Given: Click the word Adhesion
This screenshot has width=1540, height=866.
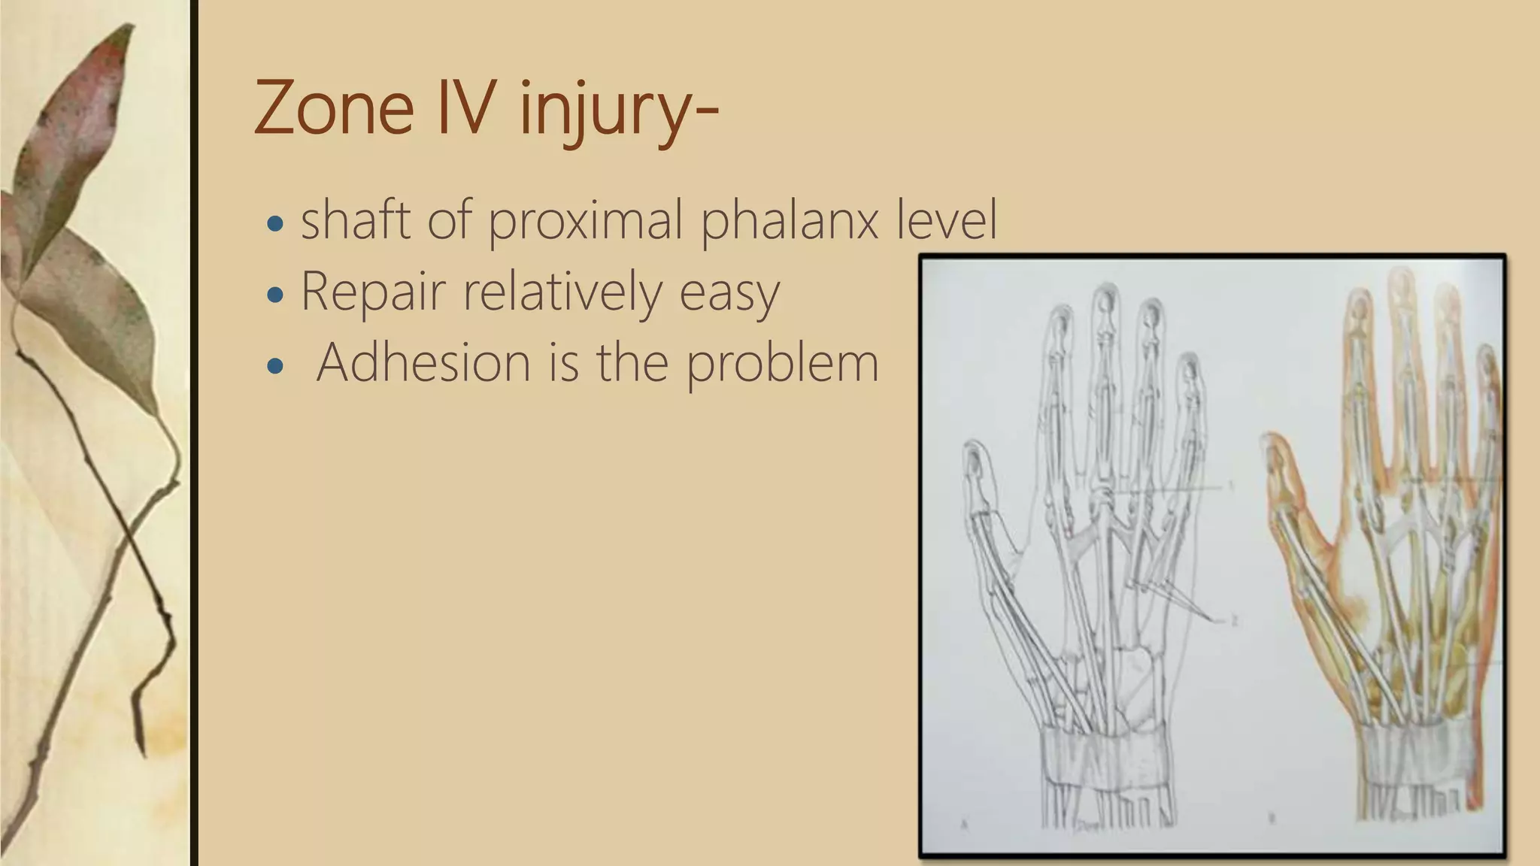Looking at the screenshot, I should pos(423,362).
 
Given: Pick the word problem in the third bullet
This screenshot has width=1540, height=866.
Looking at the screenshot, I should pos(782,364).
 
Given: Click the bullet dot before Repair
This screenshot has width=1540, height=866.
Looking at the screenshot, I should pos(276,295).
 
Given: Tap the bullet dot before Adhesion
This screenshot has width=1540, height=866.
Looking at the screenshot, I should pos(276,366).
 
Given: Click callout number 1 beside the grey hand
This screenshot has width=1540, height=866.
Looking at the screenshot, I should pos(1231,486).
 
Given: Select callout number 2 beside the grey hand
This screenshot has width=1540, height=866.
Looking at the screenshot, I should pos(1233,621).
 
